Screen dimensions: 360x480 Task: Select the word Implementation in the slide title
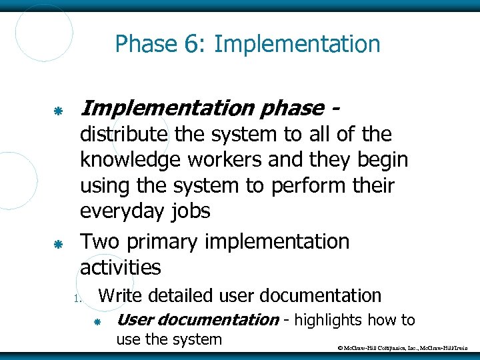click(297, 45)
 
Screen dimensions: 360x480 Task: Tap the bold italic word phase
click(291, 107)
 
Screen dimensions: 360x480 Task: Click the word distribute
click(124, 134)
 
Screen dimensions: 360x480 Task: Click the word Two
click(100, 241)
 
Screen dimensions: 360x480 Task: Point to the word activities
click(120, 267)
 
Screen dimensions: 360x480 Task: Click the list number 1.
click(77, 298)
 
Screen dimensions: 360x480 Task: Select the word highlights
click(328, 321)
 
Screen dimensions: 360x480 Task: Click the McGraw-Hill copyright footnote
click(404, 348)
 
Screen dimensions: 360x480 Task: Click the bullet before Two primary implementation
click(59, 245)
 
